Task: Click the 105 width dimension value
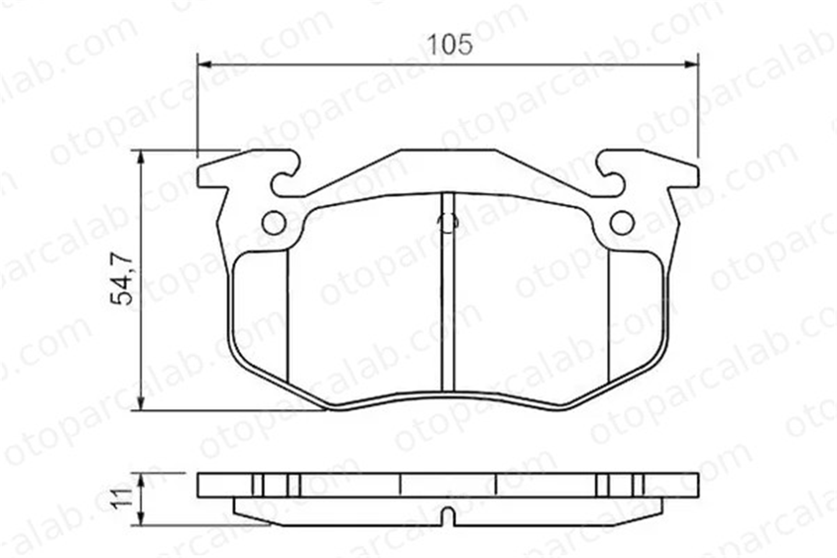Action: (450, 44)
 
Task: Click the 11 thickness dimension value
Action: (122, 498)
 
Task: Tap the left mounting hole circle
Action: (274, 223)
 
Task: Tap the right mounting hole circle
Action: (622, 223)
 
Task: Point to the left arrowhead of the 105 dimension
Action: (205, 64)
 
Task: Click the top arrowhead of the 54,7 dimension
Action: (141, 158)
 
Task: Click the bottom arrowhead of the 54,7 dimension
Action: (141, 402)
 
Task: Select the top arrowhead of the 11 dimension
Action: (141, 481)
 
